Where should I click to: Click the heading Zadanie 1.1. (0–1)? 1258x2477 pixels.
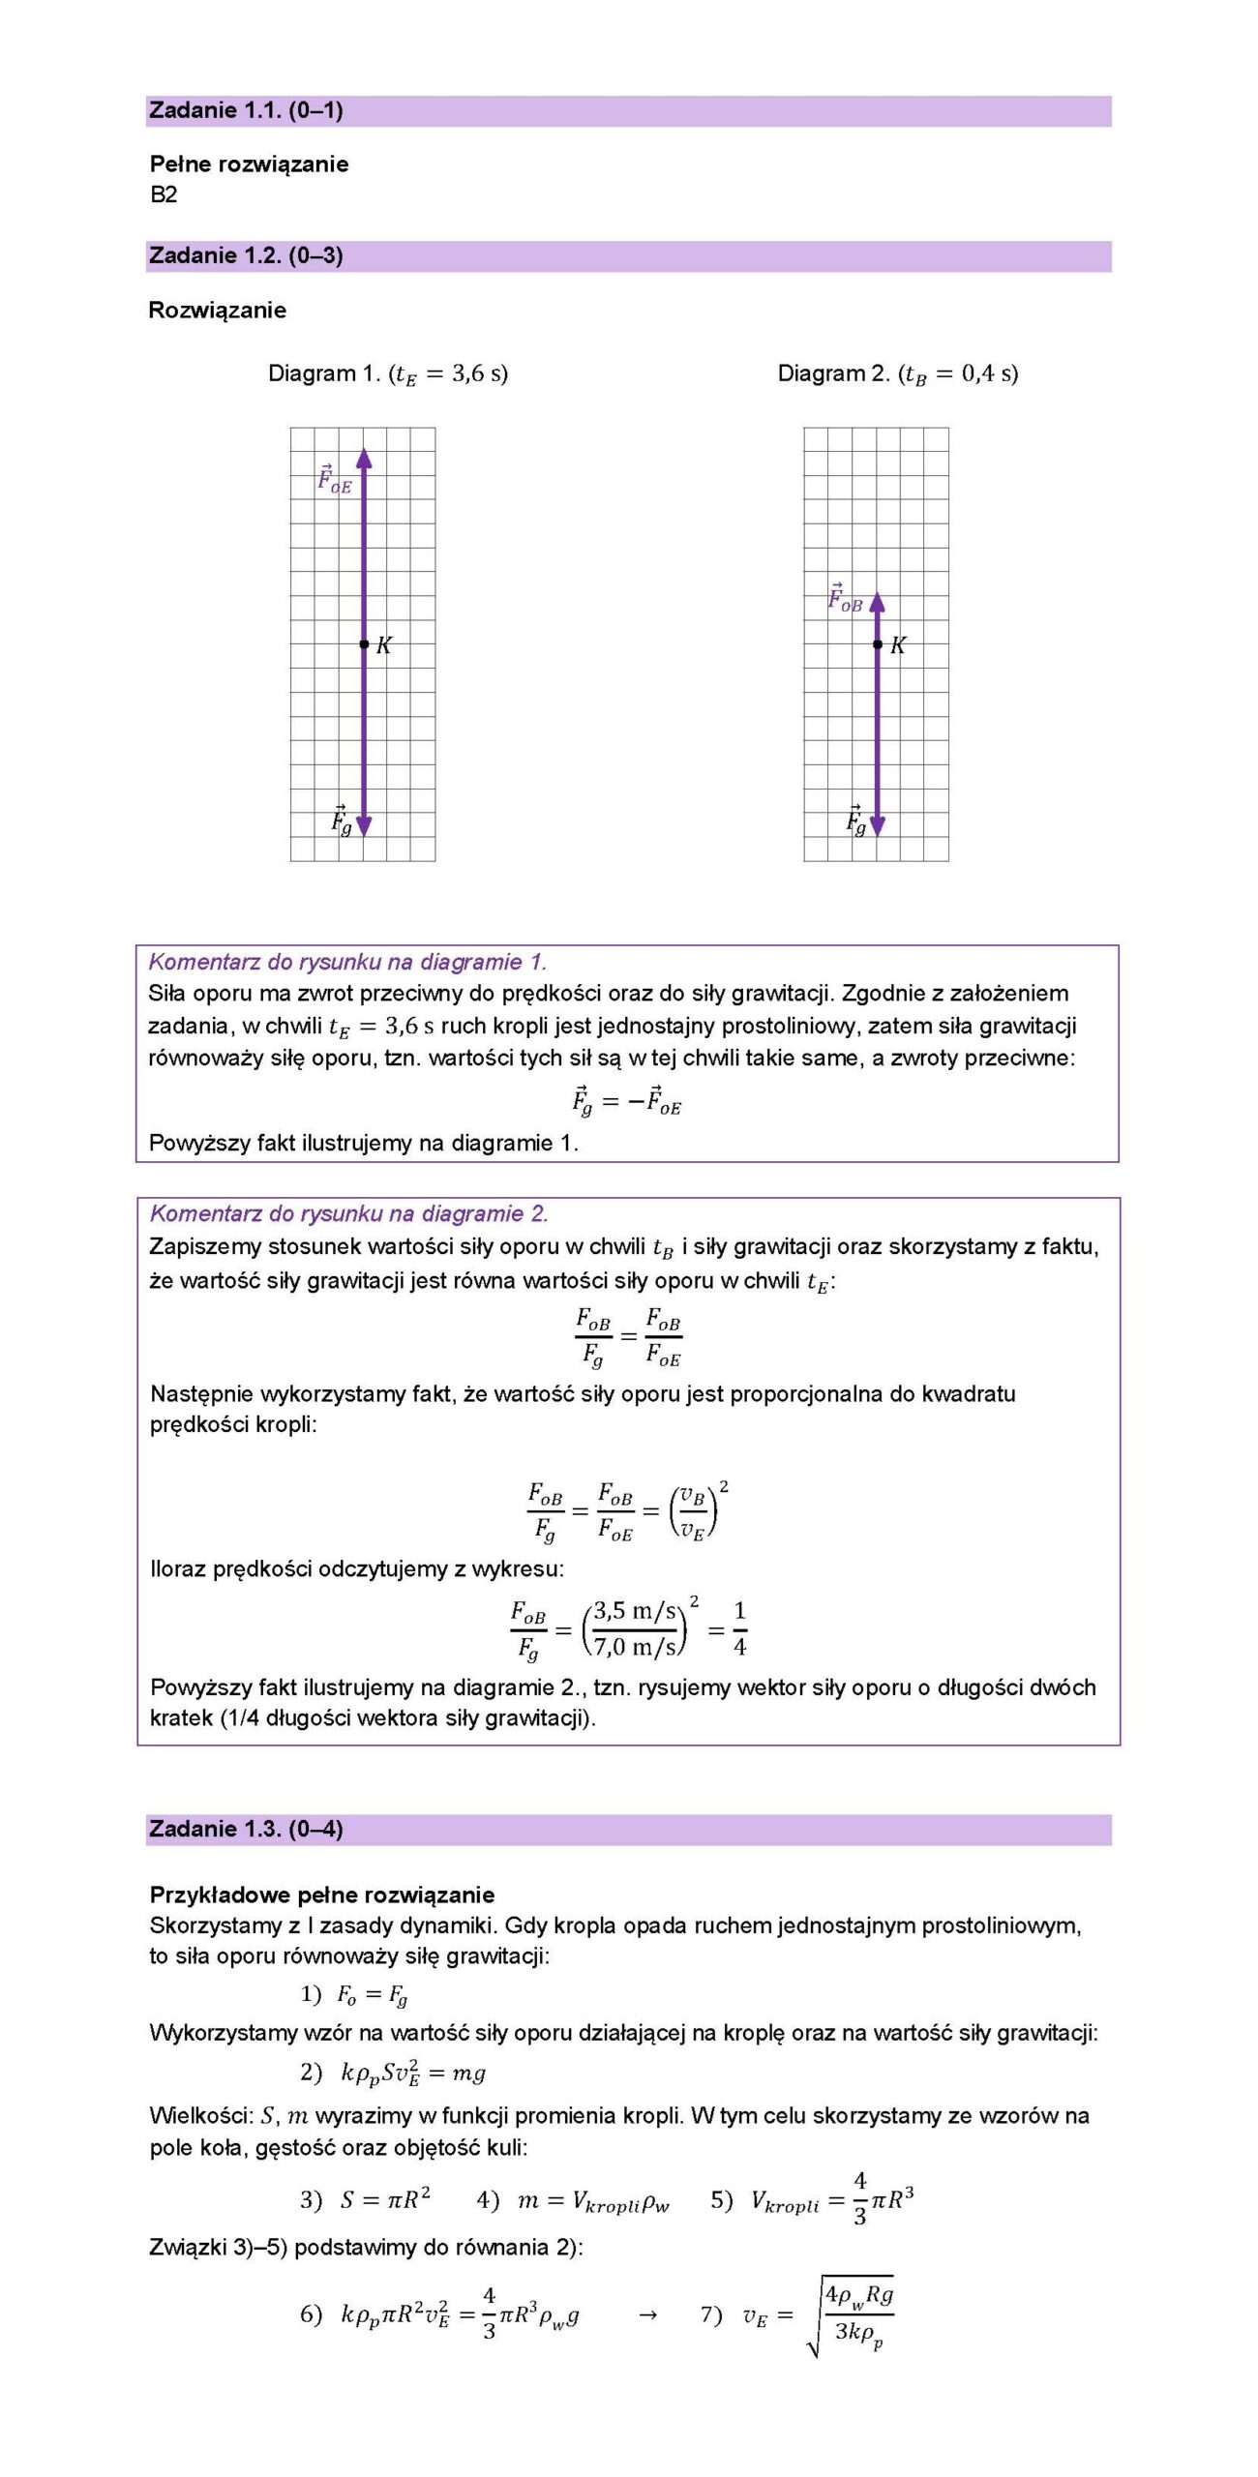247,110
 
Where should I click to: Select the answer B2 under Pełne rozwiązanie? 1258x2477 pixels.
164,194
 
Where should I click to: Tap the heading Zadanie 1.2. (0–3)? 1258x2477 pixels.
247,255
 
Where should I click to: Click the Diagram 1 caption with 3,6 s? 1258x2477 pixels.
387,373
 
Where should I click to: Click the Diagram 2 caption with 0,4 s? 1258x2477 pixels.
897,373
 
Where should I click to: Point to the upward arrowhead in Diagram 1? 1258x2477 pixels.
364,458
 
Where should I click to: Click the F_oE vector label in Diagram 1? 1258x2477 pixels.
334,479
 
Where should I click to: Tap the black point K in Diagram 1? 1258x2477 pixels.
364,643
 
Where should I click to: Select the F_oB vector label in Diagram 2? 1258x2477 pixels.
844,598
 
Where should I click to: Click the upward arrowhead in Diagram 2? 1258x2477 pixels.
877,603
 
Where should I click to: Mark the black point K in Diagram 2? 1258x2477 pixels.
877,643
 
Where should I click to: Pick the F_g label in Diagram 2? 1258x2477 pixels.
855,821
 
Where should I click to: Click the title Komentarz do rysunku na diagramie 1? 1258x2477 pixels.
347,962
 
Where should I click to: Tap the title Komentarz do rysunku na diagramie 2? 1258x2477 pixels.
348,1213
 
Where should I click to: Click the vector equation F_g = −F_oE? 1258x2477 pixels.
626,1101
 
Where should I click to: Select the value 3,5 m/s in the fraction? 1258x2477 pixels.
634,1611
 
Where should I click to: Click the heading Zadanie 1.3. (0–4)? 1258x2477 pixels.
247,1829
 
